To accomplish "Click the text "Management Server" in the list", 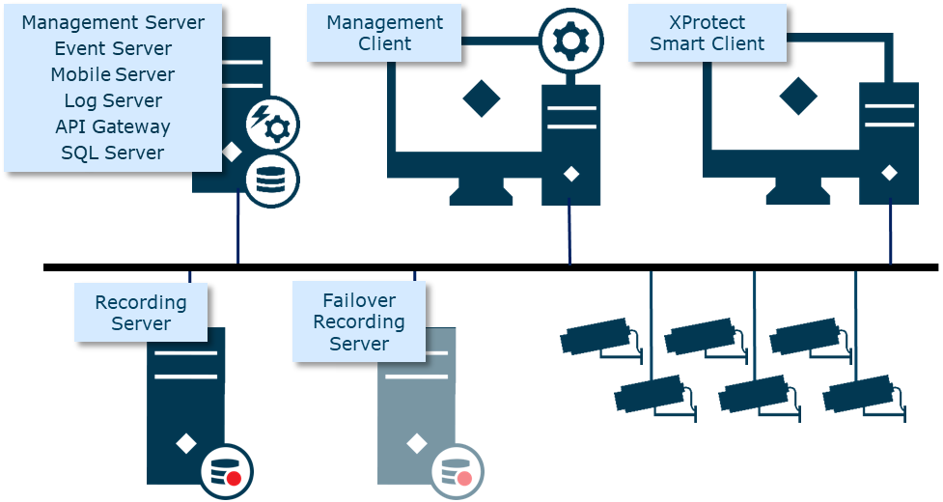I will coord(113,22).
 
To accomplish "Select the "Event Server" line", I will coord(113,48).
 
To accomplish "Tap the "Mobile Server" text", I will coord(113,74).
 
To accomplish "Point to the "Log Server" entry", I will coord(113,100).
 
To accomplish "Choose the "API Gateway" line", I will coord(113,126).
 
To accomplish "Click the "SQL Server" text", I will coord(113,153).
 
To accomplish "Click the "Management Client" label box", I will coord(384,33).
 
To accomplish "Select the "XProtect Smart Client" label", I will coord(707,33).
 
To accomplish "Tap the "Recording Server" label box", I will coord(141,313).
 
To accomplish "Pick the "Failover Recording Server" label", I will coord(359,321).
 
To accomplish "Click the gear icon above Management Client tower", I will coord(570,41).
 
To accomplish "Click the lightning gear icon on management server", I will coord(271,124).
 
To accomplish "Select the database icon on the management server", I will coord(270,180).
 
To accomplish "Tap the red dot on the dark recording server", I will coord(233,478).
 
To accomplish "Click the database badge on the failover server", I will coord(457,471).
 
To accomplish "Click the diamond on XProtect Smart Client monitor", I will coord(798,97).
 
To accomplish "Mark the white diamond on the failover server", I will coord(416,443).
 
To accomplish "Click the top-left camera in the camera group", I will coord(598,339).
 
